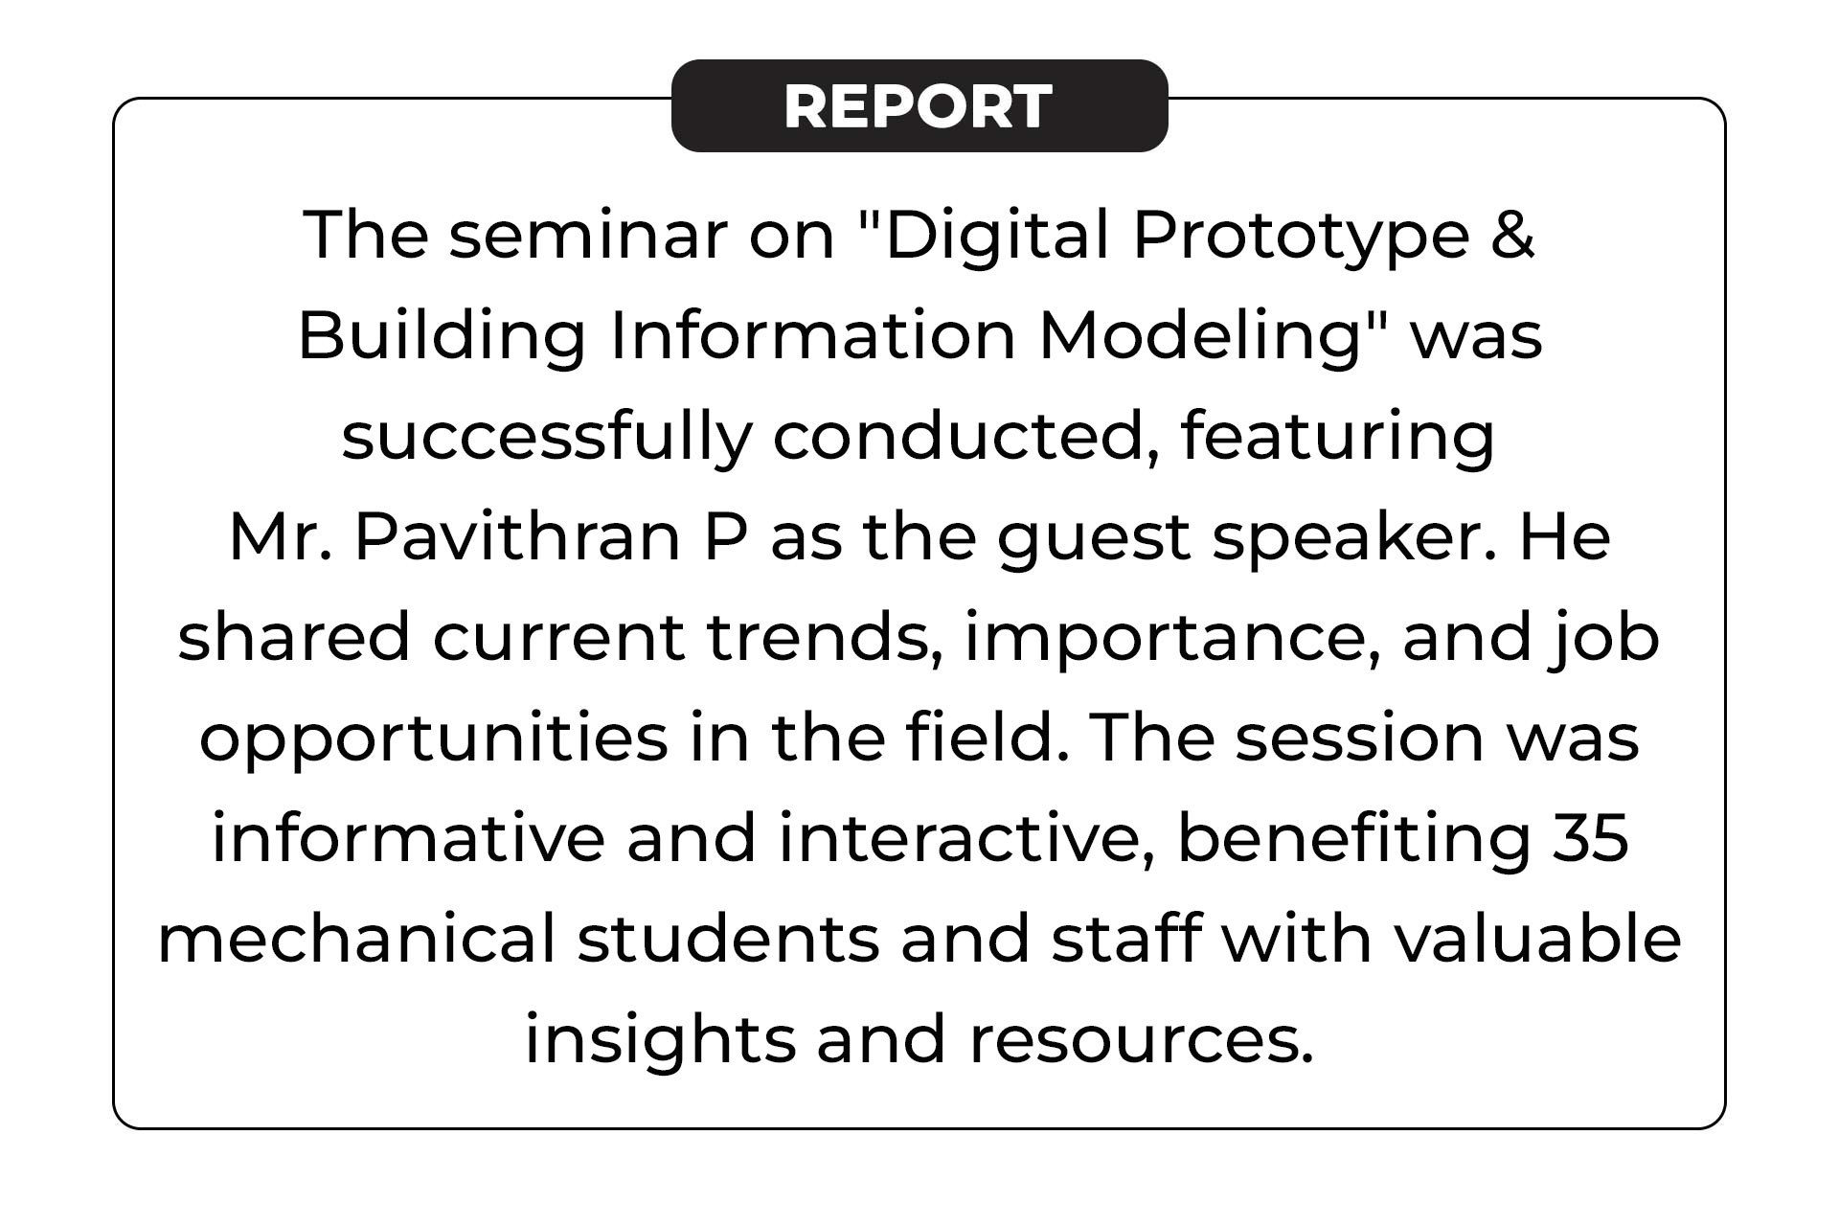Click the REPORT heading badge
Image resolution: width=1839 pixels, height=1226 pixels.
tap(919, 105)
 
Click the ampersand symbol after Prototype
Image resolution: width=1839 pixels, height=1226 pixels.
tap(1513, 235)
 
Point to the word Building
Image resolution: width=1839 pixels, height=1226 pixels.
tap(442, 337)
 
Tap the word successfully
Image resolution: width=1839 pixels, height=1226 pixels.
tap(546, 438)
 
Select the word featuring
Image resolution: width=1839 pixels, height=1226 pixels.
tap(1337, 438)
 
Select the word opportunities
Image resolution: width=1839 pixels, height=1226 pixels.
tap(433, 739)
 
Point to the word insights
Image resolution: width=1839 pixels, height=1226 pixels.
tap(660, 1040)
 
